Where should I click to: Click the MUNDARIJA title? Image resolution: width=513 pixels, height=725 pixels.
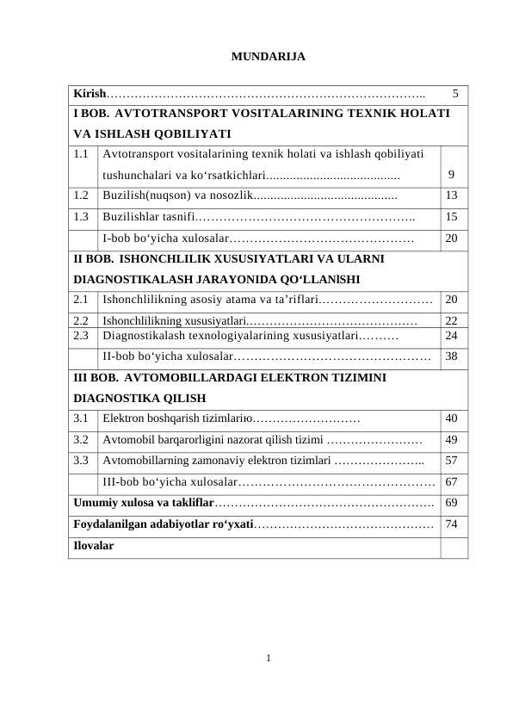[269, 58]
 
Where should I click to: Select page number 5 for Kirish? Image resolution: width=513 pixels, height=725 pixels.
[455, 93]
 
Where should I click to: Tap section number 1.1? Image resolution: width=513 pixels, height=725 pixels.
[82, 155]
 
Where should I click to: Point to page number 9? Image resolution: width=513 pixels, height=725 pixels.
[451, 179]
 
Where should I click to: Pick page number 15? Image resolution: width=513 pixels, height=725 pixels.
[452, 217]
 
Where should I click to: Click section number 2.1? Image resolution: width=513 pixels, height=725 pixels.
[82, 300]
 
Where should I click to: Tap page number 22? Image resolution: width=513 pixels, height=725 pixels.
[452, 320]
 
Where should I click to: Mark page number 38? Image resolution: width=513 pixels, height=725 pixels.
[452, 356]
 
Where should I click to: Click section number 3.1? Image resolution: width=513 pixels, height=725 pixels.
[82, 418]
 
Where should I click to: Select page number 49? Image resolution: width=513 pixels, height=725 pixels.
[452, 439]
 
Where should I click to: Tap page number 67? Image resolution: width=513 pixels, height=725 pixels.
[452, 481]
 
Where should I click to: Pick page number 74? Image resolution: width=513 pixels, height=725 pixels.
[452, 524]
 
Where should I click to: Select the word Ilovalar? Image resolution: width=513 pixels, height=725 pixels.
[94, 545]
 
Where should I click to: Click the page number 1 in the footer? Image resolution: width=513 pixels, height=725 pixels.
[269, 660]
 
